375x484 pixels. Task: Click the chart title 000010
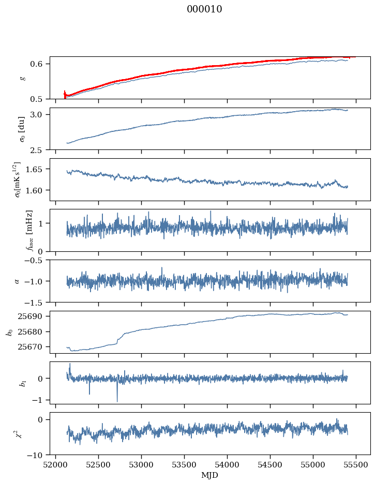(204, 9)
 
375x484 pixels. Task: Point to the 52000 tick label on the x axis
(56, 464)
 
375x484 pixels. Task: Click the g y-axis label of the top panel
(22, 78)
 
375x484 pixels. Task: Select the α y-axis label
(17, 281)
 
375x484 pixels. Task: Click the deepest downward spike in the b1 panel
(117, 401)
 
